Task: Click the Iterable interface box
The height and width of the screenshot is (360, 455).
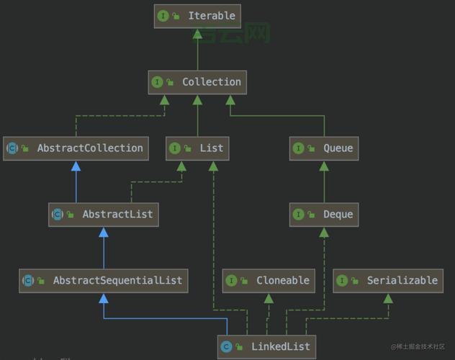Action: tap(197, 16)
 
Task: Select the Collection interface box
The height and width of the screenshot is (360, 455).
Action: tap(198, 82)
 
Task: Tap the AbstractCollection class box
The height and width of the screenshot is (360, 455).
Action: tap(76, 148)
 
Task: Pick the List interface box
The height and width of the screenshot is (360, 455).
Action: tap(197, 148)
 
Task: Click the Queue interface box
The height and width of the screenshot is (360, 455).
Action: tap(323, 148)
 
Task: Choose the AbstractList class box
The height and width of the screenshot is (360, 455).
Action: tap(104, 215)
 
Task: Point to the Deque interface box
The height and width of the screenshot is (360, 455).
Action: tap(323, 215)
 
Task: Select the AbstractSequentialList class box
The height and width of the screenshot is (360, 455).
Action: tap(104, 281)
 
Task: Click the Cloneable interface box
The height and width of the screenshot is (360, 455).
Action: tap(269, 281)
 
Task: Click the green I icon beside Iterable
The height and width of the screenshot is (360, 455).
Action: tap(163, 16)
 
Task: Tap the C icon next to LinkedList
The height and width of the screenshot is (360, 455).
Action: tap(226, 347)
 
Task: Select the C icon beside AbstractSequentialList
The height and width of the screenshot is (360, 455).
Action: tap(28, 281)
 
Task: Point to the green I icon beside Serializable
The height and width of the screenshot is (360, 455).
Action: tap(342, 281)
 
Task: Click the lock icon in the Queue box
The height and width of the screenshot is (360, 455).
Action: tap(312, 149)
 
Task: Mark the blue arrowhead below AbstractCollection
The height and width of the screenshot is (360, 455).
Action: tap(76, 166)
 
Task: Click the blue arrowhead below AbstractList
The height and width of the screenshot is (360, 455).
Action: tap(104, 232)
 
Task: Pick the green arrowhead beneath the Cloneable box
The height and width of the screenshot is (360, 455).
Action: tap(269, 298)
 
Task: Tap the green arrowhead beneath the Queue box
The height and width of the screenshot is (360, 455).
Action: tap(323, 166)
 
